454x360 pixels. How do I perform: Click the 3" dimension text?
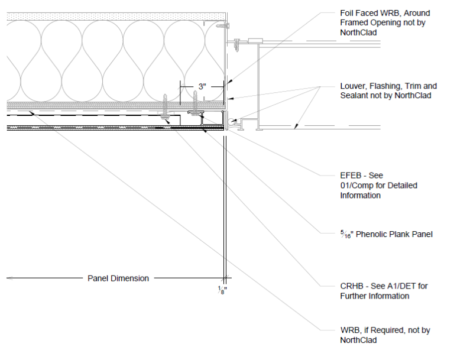pos(202,86)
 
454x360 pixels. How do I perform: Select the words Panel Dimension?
pos(118,278)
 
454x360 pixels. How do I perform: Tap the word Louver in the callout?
pos(354,86)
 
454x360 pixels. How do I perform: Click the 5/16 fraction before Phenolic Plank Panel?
pos(345,234)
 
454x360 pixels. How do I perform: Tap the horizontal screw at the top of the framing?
pos(222,25)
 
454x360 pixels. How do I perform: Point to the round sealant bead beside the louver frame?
pos(230,123)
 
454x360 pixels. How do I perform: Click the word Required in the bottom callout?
pos(390,330)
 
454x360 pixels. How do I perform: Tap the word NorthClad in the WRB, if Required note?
pos(358,340)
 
